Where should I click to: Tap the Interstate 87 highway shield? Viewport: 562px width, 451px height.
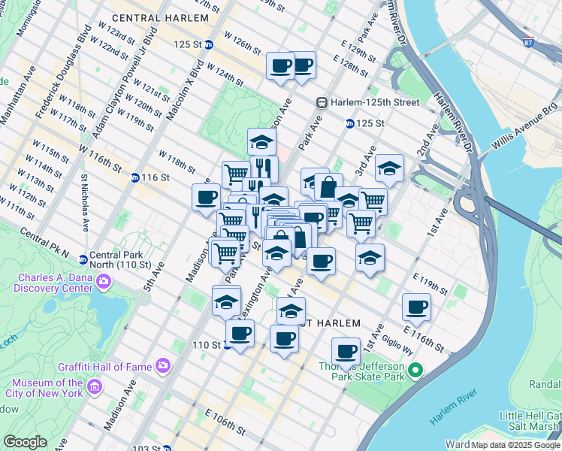529,44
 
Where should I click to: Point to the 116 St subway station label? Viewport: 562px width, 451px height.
154,177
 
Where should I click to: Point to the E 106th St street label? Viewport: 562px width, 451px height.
225,422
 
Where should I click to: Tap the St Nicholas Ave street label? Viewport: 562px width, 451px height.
85,202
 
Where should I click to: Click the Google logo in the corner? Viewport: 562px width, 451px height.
25,442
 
